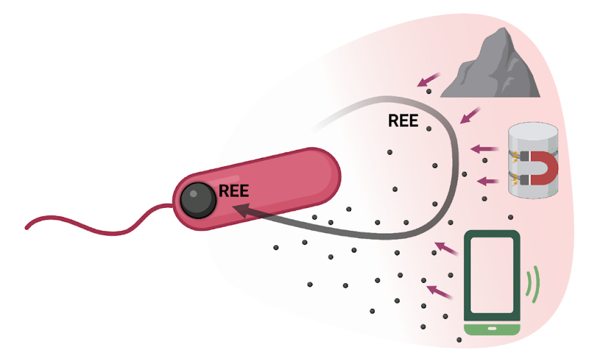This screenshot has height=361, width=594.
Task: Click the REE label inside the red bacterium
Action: click(234, 192)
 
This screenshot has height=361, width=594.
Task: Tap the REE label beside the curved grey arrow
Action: click(403, 121)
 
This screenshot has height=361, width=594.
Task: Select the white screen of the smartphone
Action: click(491, 276)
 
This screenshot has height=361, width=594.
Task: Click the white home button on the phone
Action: click(492, 328)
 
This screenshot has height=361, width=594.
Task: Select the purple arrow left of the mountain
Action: click(428, 80)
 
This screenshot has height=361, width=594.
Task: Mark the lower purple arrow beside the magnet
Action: click(488, 181)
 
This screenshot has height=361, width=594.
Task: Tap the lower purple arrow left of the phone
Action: click(439, 290)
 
